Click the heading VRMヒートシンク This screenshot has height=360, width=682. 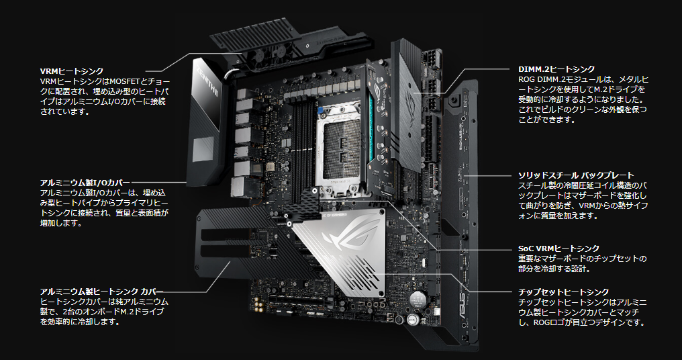[72, 71]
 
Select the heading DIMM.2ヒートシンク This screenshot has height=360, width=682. [556, 69]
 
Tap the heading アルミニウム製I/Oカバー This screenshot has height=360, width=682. [85, 183]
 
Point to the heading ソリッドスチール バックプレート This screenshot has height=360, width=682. [576, 175]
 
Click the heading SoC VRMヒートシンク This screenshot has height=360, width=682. [558, 249]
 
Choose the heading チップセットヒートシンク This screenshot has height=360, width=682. [563, 292]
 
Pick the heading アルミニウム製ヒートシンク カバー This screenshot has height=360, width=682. [102, 291]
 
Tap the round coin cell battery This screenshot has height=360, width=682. [418, 299]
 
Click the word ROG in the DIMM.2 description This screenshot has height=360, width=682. [526, 80]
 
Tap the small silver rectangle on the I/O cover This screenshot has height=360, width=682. [203, 149]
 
